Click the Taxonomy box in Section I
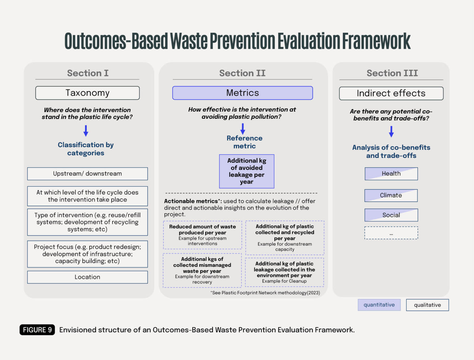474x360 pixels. (x=87, y=93)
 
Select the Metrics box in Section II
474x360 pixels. (x=242, y=93)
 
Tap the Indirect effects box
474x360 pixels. (x=391, y=93)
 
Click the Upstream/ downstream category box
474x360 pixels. (x=87, y=174)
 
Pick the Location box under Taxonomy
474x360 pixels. (x=87, y=277)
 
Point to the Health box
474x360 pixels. (x=391, y=174)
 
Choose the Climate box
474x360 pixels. (x=391, y=196)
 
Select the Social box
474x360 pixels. (x=391, y=215)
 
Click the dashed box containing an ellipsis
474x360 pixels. (x=391, y=233)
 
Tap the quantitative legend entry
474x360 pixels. (x=379, y=305)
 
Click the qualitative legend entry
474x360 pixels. (x=427, y=305)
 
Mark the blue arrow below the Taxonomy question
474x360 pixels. (x=86, y=131)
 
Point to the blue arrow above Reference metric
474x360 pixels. (x=243, y=129)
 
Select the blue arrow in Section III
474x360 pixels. (x=391, y=131)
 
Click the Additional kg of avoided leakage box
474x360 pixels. (x=247, y=171)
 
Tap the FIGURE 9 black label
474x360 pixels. (x=37, y=330)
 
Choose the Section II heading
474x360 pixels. (x=242, y=73)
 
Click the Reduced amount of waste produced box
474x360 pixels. (x=202, y=235)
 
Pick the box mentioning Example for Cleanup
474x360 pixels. (x=284, y=272)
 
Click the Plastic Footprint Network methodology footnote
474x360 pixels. (x=265, y=293)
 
